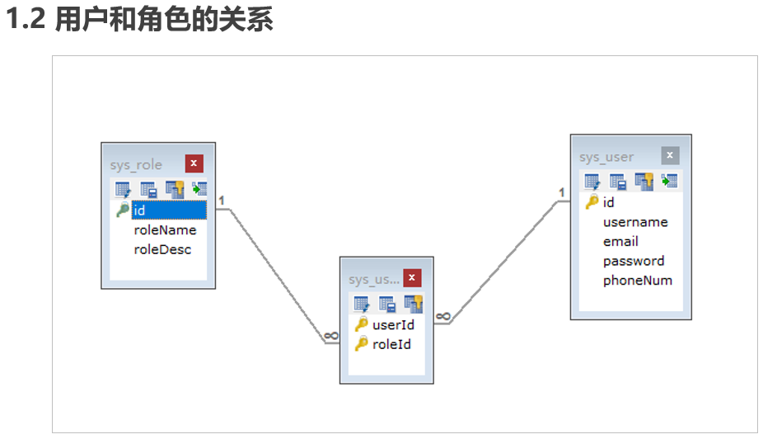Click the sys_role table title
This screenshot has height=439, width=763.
(x=136, y=164)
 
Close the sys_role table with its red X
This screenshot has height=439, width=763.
(x=194, y=163)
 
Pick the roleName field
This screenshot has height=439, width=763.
(x=165, y=230)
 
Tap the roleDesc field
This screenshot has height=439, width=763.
(x=162, y=249)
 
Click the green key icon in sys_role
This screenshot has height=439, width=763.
(x=122, y=210)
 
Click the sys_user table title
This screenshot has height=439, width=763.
(x=606, y=157)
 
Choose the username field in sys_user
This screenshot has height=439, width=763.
(x=635, y=222)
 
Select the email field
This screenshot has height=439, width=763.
(x=620, y=241)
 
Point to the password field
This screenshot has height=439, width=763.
(x=634, y=261)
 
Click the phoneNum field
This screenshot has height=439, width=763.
(x=637, y=281)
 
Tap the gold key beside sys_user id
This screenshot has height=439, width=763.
(x=592, y=202)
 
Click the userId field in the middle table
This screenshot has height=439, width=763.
(x=393, y=325)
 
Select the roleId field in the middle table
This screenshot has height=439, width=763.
(x=391, y=344)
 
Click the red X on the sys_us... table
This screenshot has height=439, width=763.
(x=412, y=278)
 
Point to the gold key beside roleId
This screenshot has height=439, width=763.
(x=361, y=344)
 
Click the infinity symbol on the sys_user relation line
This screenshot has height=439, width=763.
(x=442, y=316)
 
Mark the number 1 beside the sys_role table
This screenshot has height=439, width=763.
(x=222, y=200)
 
